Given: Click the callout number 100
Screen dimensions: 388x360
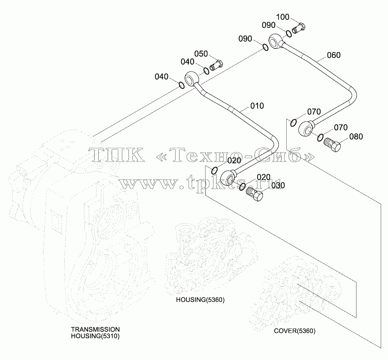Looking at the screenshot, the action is (x=283, y=17).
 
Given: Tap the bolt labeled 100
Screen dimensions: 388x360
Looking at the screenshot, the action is (x=298, y=28).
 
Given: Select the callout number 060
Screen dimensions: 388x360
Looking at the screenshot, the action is (x=333, y=55).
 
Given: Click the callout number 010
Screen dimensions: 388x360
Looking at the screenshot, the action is (x=257, y=106).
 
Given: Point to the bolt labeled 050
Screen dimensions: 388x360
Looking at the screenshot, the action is (x=216, y=65).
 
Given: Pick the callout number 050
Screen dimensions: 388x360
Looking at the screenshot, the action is (x=201, y=54).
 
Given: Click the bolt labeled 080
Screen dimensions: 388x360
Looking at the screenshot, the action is (x=332, y=144).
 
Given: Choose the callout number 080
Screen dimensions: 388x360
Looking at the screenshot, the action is (x=356, y=136).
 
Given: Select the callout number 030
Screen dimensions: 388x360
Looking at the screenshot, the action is (x=278, y=185).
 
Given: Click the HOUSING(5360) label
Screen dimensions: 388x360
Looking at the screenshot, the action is (x=200, y=300).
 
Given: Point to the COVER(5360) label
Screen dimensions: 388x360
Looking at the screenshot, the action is (x=294, y=331).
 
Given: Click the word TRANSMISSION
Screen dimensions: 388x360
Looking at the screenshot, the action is (x=95, y=329).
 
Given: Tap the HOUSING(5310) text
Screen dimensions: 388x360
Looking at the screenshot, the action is (x=95, y=336).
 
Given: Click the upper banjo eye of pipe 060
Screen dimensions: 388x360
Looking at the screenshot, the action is (x=275, y=42).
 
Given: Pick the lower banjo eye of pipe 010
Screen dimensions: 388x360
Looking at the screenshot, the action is (x=227, y=178).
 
